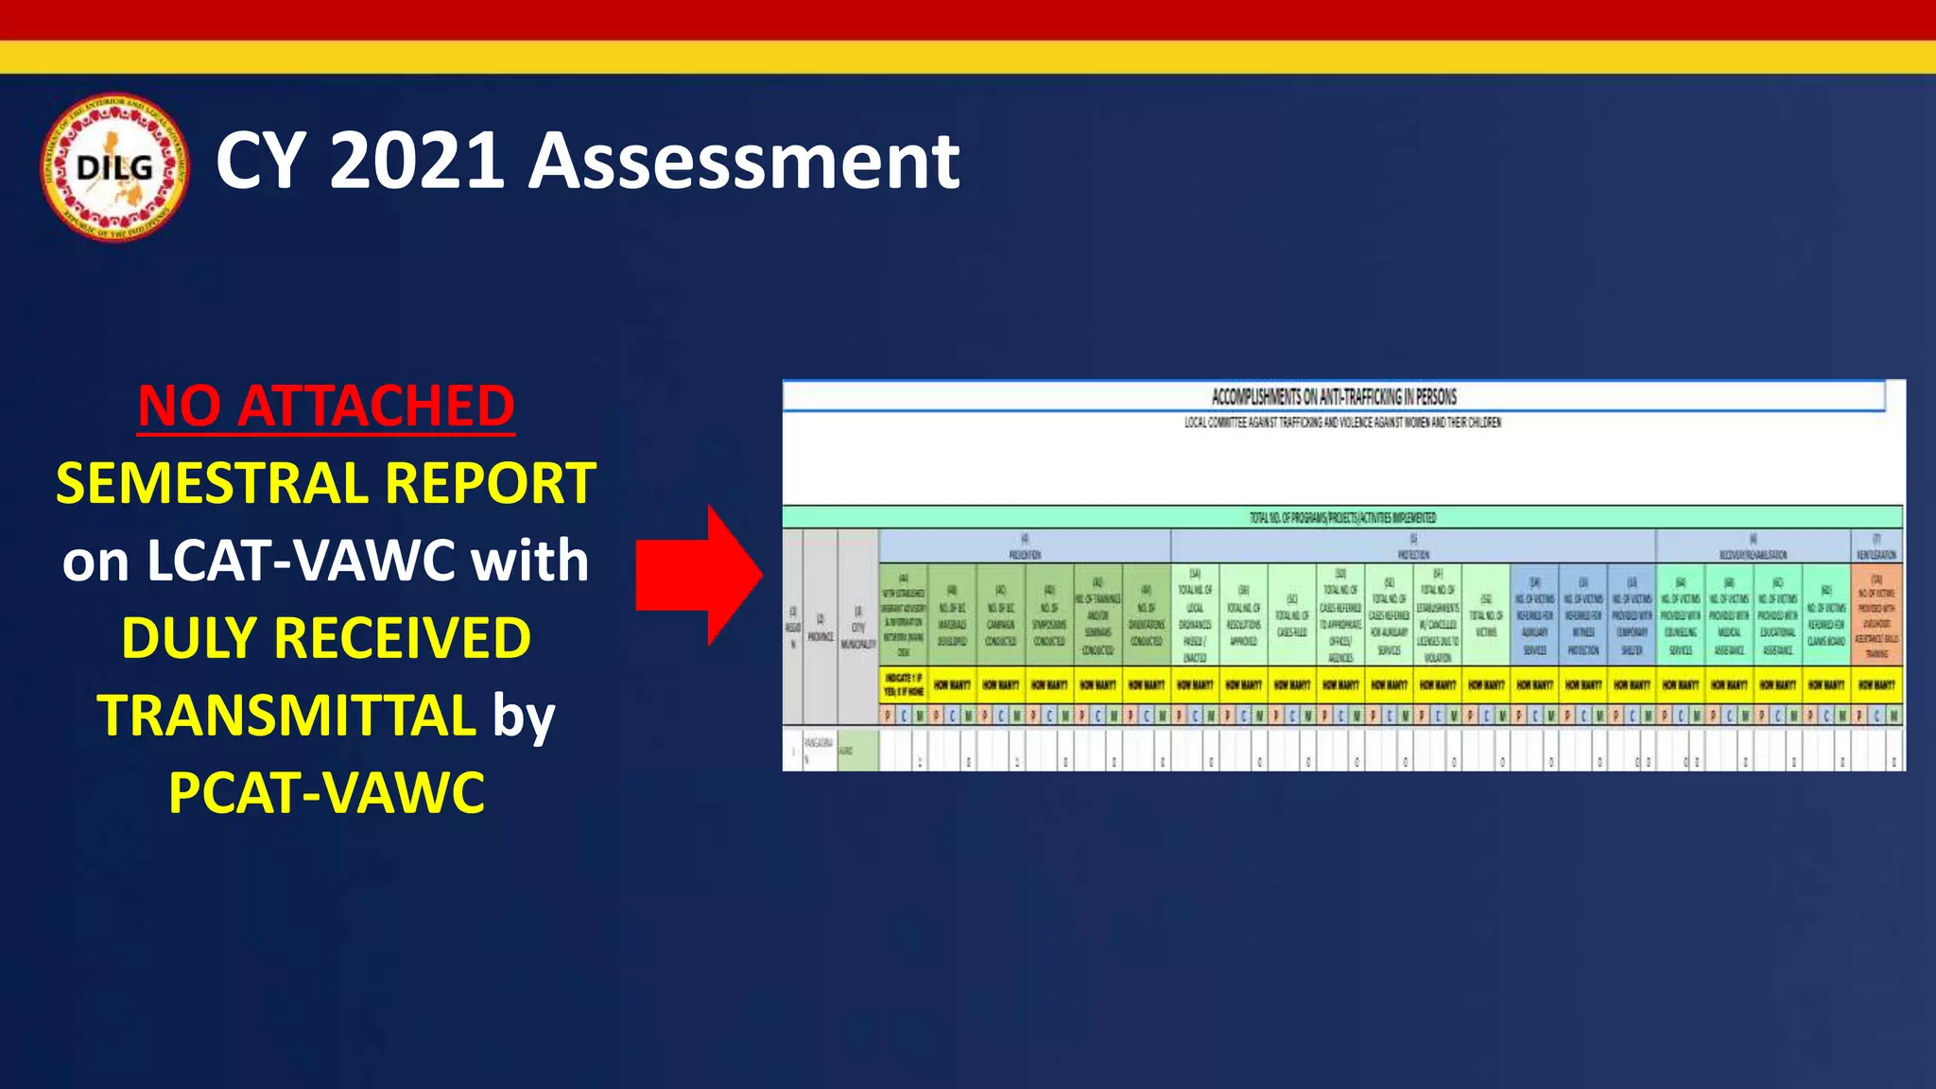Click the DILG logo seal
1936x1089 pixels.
coord(114,168)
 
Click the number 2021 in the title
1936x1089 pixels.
coord(415,161)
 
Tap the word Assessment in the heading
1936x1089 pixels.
coord(744,161)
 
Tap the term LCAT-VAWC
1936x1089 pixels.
coord(301,561)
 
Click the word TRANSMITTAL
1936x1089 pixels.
coord(286,715)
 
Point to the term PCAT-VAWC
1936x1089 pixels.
coord(326,792)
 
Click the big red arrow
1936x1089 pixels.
coord(698,575)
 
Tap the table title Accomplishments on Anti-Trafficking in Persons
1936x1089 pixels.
coord(1334,397)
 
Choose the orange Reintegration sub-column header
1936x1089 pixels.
coord(1876,614)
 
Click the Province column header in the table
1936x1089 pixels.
coord(821,628)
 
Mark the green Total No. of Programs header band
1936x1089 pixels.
coord(1342,517)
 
